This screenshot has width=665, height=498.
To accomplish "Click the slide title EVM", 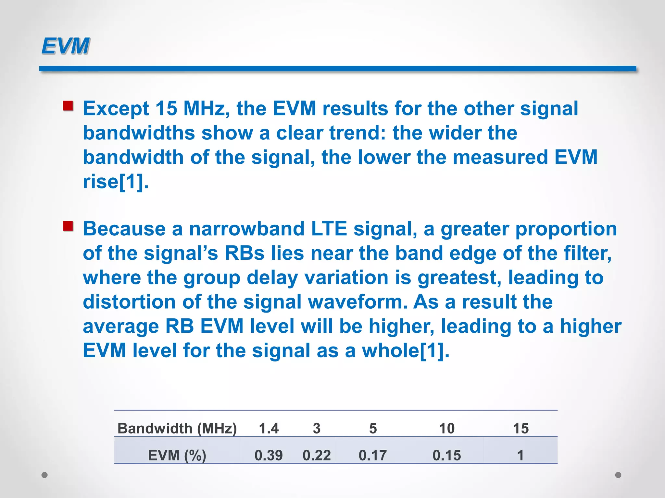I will [65, 46].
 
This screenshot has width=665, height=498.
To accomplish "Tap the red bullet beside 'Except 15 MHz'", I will [68, 106].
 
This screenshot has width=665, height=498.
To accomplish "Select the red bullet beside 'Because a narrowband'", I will [68, 226].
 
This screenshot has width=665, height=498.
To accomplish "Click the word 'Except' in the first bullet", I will [116, 109].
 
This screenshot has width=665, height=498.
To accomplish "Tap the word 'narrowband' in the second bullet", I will [247, 229].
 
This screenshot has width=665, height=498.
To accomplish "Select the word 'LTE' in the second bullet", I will [329, 229].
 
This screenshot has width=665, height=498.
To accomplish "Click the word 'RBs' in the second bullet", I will [245, 253].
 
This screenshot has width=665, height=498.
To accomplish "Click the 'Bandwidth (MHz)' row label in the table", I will [177, 429].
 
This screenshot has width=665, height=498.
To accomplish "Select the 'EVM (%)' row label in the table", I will [177, 455].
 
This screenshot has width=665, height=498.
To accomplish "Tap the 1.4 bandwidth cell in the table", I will [269, 429].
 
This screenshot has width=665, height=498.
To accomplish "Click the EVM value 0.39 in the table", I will [269, 455].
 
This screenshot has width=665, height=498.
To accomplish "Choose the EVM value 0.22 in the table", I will [317, 455].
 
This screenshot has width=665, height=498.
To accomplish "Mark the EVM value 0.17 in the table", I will [373, 455].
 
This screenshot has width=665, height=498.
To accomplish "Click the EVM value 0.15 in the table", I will [447, 455].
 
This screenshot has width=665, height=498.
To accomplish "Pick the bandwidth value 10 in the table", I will [447, 429].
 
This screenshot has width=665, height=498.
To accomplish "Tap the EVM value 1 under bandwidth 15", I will [521, 455].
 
